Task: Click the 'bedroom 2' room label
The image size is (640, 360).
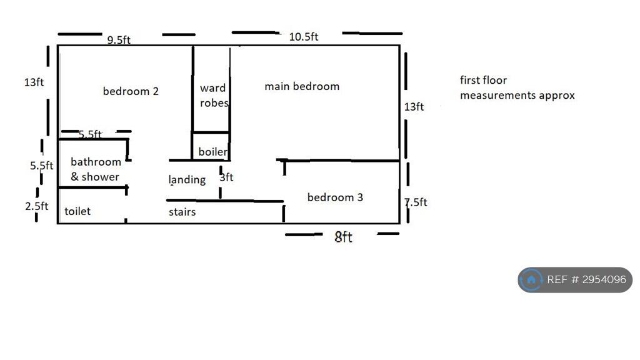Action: [x=131, y=91]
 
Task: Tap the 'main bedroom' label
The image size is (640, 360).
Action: [x=302, y=86]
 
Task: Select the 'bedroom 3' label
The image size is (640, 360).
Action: [x=335, y=197]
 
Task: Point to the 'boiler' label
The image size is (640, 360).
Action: [x=212, y=152]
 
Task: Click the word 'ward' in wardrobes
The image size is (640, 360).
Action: [x=212, y=87]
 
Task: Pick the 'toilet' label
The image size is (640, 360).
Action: [x=77, y=211]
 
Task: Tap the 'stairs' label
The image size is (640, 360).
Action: [x=182, y=212]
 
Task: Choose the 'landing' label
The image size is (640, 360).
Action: [x=187, y=179]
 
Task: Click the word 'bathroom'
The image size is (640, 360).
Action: [x=96, y=162]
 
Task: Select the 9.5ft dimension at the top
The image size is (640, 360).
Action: [x=119, y=39]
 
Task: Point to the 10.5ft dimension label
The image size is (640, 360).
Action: [x=304, y=37]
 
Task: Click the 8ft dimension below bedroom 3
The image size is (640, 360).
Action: [x=343, y=237]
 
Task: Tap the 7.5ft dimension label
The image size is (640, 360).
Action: [x=416, y=202]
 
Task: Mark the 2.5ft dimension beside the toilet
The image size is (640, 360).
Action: [x=37, y=206]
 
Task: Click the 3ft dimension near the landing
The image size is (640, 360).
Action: [x=226, y=177]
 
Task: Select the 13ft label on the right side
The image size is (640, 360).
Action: [x=414, y=106]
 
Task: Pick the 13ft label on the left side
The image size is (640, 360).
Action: [x=34, y=82]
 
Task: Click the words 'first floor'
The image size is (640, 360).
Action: [x=483, y=80]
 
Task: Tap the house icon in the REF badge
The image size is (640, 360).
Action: [x=531, y=280]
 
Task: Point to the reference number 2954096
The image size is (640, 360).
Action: [x=604, y=279]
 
